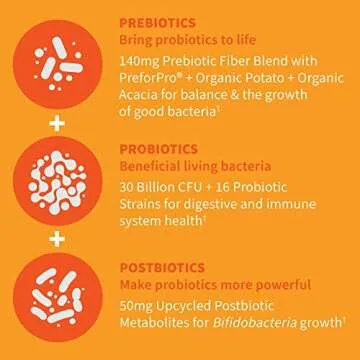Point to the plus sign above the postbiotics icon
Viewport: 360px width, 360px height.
[57, 240]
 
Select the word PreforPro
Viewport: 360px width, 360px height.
[156, 82]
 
